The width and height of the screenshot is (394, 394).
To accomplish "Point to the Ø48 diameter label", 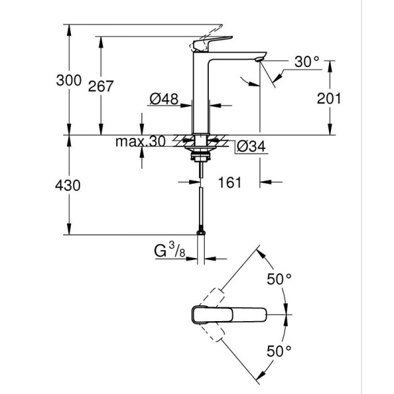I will (x=164, y=99).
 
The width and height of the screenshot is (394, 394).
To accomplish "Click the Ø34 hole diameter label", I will (x=249, y=146).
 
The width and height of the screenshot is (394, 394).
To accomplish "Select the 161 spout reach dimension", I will (x=230, y=182).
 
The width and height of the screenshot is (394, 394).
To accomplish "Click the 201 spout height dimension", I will (x=329, y=99).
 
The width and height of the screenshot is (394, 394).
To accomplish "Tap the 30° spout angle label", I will (x=307, y=62).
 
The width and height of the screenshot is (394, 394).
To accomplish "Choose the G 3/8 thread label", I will (x=168, y=250).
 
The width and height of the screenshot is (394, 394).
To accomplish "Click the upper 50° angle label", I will (x=278, y=278).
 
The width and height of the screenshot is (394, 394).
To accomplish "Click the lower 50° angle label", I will (x=278, y=351).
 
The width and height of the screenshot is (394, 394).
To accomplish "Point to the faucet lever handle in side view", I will (x=210, y=42).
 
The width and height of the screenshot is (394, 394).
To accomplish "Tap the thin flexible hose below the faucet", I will (x=199, y=204).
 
